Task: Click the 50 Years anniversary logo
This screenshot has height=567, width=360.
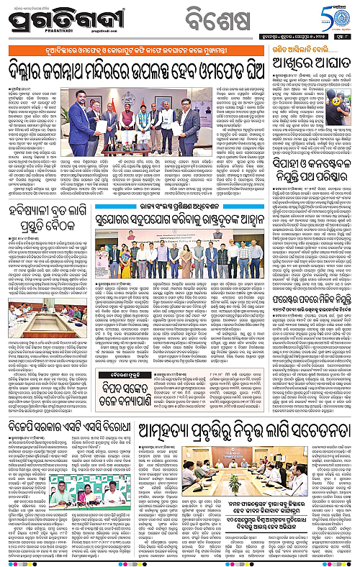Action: (x=336, y=21)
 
